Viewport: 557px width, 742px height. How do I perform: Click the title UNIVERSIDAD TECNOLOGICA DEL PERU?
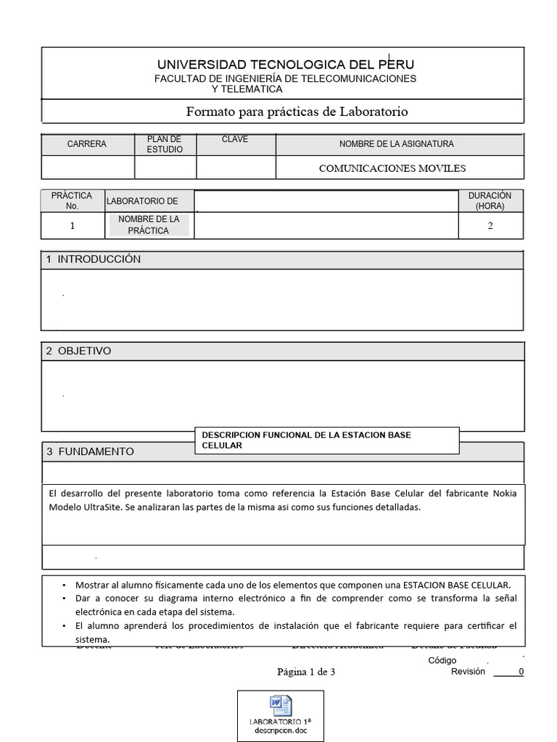point(286,64)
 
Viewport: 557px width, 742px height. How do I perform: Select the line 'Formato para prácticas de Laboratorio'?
point(297,112)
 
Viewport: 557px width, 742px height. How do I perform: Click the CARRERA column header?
point(87,144)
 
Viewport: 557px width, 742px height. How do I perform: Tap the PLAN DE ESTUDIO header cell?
point(165,144)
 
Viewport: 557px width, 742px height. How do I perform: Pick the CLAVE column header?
point(235,140)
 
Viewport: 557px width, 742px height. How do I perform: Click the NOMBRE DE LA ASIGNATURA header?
point(396,144)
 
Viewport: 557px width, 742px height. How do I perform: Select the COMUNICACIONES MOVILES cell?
point(392,168)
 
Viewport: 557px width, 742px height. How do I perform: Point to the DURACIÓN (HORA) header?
point(490,201)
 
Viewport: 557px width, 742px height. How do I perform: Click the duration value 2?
point(490,225)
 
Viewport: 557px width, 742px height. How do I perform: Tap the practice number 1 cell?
point(73,225)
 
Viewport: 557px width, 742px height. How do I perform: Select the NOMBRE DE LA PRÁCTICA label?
point(149,225)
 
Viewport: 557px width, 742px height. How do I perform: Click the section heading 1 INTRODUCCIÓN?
point(94,259)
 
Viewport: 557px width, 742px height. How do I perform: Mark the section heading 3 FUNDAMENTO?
point(90,451)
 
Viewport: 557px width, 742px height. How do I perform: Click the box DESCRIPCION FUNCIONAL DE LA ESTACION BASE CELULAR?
point(326,440)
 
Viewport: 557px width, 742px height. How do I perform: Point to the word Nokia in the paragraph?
point(504,493)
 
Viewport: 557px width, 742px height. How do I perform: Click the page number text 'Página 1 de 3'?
point(306,672)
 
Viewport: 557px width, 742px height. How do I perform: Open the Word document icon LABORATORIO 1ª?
point(280,713)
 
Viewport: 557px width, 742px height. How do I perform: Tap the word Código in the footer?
point(442,660)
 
